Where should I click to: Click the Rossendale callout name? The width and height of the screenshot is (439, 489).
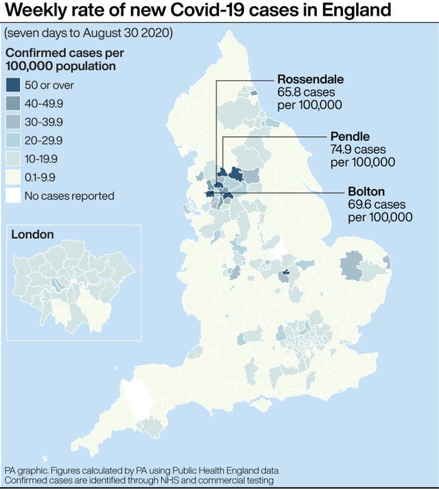[311, 79]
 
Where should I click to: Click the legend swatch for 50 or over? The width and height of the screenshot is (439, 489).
[13, 86]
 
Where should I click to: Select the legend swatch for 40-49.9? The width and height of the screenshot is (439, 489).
[13, 104]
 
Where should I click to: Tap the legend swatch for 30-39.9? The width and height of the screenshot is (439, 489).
[13, 123]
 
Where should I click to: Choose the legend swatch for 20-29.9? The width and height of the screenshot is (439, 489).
[13, 141]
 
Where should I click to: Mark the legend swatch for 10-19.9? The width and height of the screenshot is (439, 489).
[13, 159]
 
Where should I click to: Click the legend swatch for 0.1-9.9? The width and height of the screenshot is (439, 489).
[13, 177]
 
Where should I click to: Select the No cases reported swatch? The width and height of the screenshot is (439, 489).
[13, 196]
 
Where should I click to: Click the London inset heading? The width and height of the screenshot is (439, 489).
[32, 235]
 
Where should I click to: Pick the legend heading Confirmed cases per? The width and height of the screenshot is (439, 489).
[55, 53]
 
